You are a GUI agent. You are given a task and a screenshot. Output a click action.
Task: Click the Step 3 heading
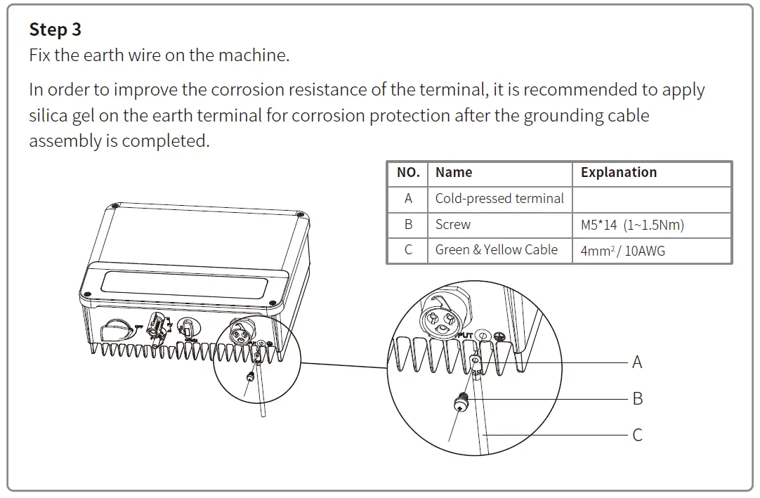tap(55, 30)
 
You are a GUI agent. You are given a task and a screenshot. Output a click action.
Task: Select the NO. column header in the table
tap(408, 173)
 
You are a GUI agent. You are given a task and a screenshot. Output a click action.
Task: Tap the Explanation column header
tap(618, 173)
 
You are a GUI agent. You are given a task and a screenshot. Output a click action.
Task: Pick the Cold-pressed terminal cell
tap(499, 199)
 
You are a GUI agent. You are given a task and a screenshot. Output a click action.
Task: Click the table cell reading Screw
tap(452, 225)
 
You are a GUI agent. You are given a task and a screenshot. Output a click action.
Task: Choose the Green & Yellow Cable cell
tap(496, 250)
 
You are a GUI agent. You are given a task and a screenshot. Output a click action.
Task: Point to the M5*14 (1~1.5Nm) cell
tap(632, 225)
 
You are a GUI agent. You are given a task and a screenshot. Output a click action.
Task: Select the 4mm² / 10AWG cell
tap(622, 251)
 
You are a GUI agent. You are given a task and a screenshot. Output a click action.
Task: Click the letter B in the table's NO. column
tap(408, 225)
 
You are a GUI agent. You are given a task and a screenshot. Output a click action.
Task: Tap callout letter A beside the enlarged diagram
tap(637, 362)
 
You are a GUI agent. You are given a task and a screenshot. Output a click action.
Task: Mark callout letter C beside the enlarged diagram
tap(637, 435)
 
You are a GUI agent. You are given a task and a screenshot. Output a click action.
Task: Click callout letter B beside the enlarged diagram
tap(637, 399)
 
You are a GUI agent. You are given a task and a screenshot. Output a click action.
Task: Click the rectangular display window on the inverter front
tap(184, 286)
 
